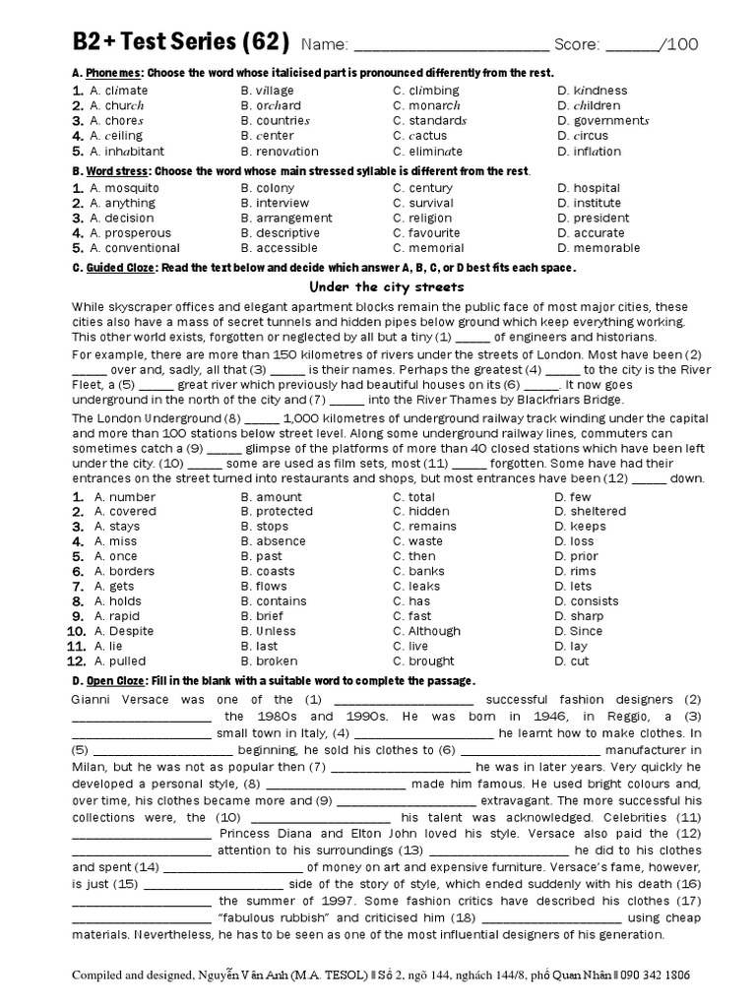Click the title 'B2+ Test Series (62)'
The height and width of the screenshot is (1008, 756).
point(180,42)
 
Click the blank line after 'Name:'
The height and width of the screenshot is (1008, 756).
point(450,45)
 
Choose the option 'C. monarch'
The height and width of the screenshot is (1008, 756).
point(426,105)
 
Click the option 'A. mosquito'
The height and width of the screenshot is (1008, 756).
point(124,188)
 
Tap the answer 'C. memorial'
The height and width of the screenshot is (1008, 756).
point(428,248)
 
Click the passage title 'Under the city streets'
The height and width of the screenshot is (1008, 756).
point(387,286)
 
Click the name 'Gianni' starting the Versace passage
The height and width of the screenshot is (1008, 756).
point(94,699)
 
